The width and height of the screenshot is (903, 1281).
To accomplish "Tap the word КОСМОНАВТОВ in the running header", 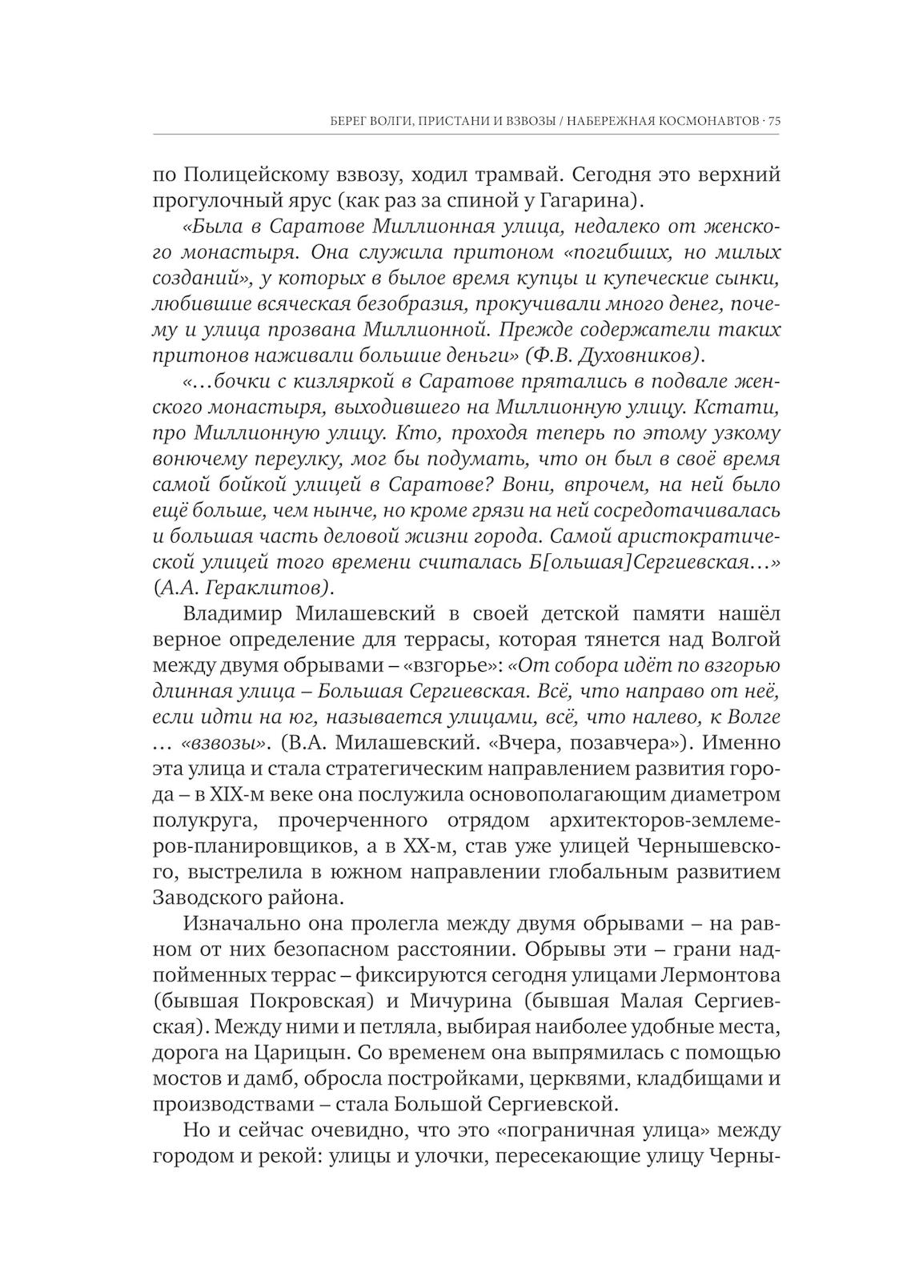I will (709, 122).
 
